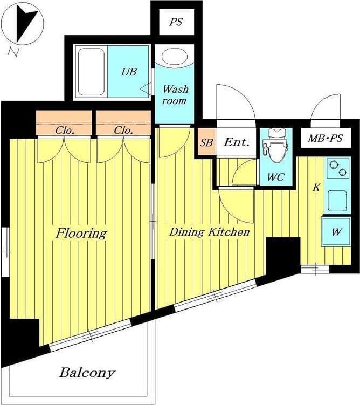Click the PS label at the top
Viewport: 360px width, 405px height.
176,22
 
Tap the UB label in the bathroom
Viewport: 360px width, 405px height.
129,72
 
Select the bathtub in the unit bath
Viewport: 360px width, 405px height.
91,72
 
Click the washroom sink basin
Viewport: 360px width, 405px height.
175,56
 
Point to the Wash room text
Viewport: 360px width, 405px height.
175,95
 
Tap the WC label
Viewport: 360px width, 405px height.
276,177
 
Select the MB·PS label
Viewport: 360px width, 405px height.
326,139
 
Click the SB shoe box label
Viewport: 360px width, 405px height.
206,142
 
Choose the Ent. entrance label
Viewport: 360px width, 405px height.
237,142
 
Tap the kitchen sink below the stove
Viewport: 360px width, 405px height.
337,201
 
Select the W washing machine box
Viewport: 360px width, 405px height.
336,232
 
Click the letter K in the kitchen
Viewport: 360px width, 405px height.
316,187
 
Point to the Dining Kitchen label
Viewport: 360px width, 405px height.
209,232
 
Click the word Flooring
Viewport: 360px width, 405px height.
81,234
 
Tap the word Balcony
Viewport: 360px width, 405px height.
87,373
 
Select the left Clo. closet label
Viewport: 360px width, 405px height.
65,131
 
